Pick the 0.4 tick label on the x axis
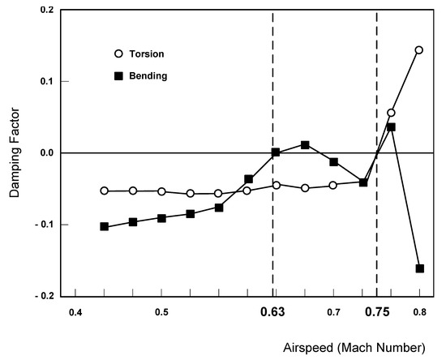pyautogui.click(x=75, y=312)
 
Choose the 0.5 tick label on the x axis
pyautogui.click(x=161, y=312)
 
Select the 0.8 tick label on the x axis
pyautogui.click(x=420, y=312)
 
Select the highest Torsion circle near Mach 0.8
pyautogui.click(x=419, y=49)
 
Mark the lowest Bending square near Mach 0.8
pyautogui.click(x=420, y=268)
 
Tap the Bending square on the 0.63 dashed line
pyautogui.click(x=276, y=152)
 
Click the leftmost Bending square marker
pyautogui.click(x=104, y=226)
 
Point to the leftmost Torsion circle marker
pyautogui.click(x=104, y=191)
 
